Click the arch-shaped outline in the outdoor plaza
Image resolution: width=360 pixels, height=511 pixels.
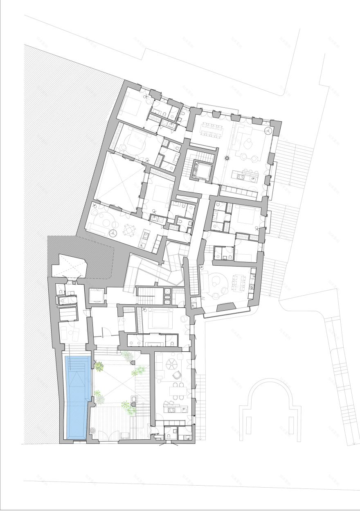(270, 409)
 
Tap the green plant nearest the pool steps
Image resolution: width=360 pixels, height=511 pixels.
(99, 366)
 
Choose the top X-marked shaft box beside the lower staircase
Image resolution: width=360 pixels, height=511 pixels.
(167, 289)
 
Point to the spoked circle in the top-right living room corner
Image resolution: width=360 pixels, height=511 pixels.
(268, 131)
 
